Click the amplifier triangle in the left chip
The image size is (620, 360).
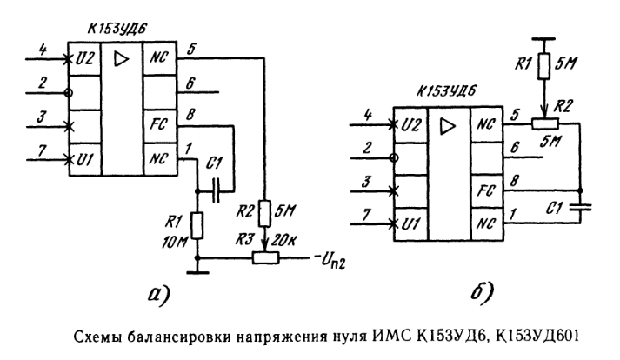tap(121, 60)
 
